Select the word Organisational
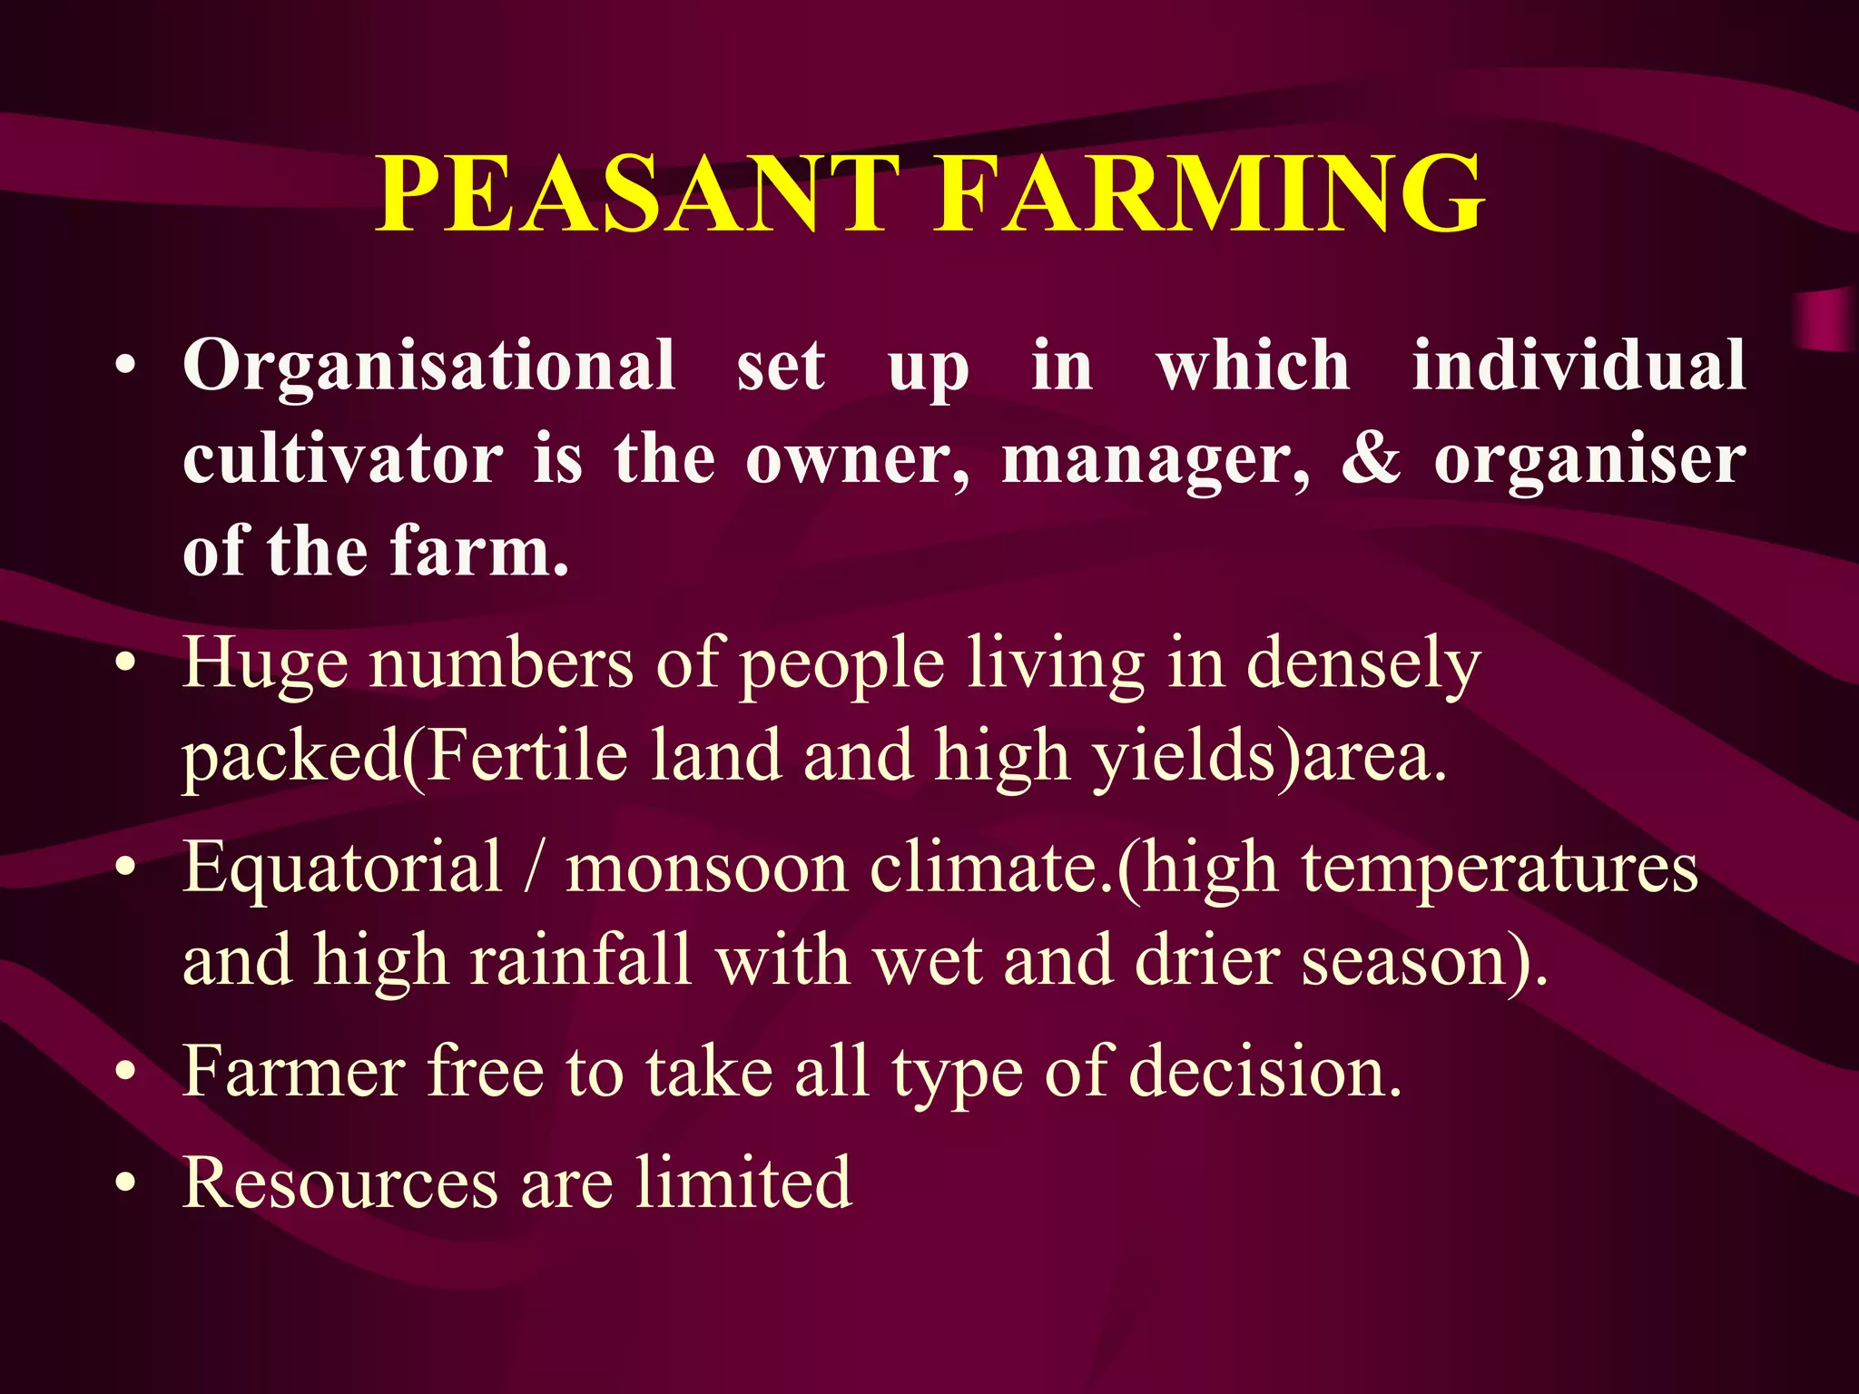coord(429,366)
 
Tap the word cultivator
coord(342,458)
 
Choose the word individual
coord(1579,364)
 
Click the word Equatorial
coord(342,869)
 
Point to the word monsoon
coord(707,869)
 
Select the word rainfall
coord(581,959)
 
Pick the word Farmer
coord(293,1072)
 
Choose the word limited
coord(743,1183)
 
